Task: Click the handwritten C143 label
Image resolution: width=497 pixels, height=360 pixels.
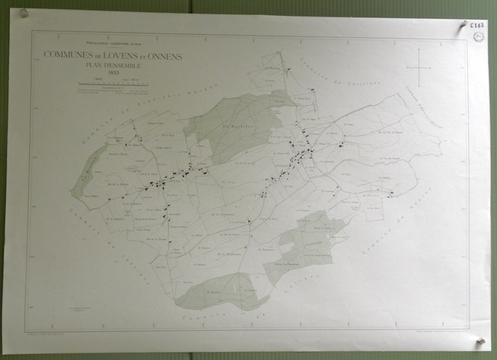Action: point(478,26)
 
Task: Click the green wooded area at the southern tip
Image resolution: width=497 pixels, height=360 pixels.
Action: point(220,291)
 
